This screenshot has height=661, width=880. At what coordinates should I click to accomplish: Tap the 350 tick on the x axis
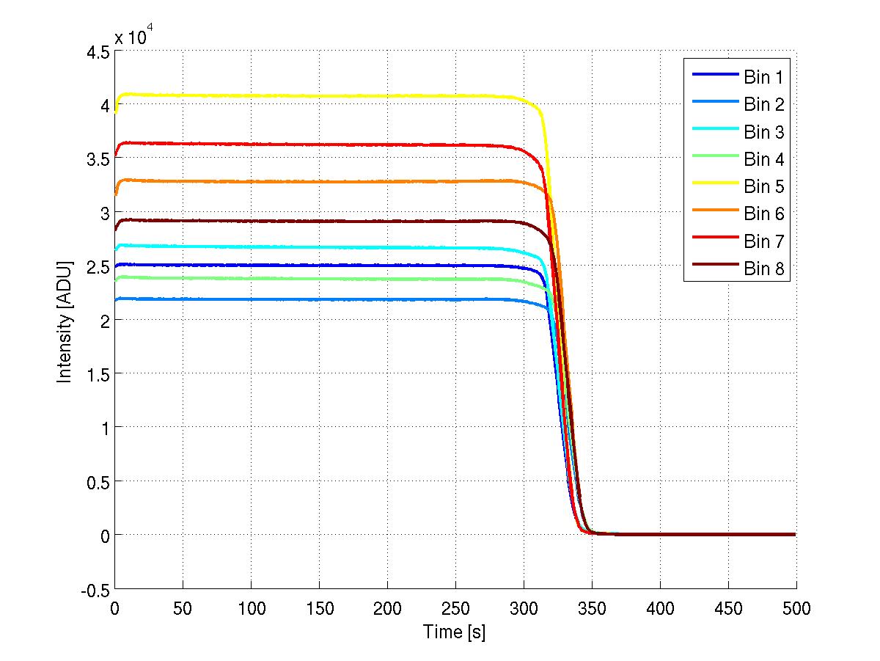coord(592,608)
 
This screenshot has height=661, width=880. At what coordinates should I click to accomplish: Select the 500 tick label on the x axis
coord(796,608)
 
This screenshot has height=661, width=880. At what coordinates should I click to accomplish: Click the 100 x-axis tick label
coord(251,608)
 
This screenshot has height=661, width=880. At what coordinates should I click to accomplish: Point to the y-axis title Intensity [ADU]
coord(65,321)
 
